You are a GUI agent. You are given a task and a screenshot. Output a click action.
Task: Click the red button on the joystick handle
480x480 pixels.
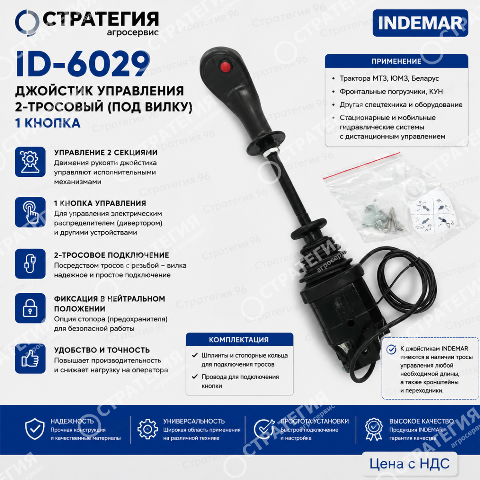225,66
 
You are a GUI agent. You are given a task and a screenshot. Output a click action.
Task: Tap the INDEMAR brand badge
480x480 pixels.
420,23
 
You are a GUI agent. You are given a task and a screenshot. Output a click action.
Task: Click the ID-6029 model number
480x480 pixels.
83,64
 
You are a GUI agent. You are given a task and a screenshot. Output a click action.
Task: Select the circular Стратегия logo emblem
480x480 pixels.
27,23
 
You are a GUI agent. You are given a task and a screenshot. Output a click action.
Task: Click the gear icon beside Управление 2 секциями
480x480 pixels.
30,162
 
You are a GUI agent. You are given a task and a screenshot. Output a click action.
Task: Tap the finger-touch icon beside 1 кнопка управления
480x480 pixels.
30,212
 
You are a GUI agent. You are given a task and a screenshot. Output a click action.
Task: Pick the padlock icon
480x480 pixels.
30,308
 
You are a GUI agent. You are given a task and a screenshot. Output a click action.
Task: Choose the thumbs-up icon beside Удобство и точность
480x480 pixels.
30,358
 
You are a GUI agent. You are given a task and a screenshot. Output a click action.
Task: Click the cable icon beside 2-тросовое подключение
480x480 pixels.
30,264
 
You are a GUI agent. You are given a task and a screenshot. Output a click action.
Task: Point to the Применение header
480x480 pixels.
396,61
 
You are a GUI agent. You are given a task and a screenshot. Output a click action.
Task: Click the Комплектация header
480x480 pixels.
239,340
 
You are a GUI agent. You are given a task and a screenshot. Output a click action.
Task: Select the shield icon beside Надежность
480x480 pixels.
35,429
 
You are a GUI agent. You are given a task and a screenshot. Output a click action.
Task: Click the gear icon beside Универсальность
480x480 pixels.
148,429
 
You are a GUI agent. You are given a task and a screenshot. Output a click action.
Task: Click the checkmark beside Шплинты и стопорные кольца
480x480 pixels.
195,355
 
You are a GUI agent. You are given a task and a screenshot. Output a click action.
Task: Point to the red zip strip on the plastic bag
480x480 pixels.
362,165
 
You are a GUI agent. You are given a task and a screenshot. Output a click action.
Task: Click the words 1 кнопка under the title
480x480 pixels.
48,123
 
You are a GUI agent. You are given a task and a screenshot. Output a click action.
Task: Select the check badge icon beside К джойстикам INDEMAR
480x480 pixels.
391,350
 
